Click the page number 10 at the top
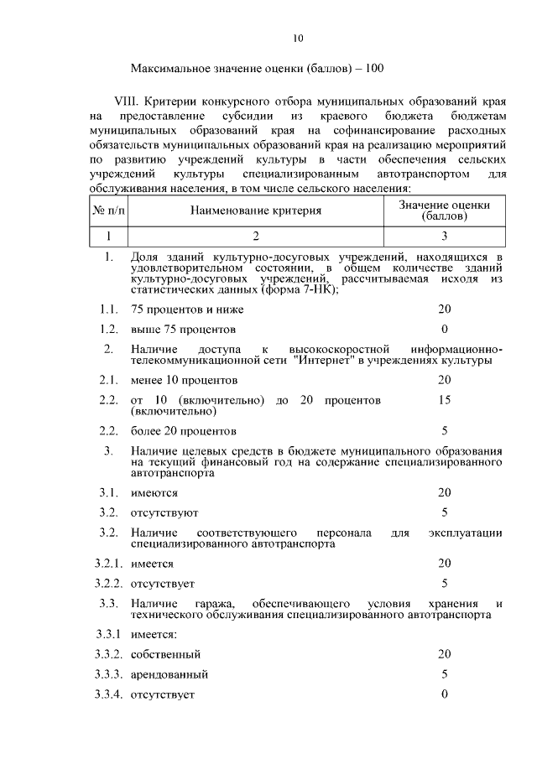tap(299, 37)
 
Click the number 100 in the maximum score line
tap(374, 67)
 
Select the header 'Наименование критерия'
tap(255, 211)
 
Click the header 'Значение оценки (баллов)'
tap(445, 210)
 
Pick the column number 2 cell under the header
tap(255, 235)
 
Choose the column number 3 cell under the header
tap(445, 235)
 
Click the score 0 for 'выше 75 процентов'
tap(445, 328)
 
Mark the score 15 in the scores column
tap(445, 400)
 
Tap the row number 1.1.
tap(108, 309)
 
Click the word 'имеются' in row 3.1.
tap(154, 492)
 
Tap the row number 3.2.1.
tap(109, 564)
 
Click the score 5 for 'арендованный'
tap(445, 673)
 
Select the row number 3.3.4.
tap(109, 694)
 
